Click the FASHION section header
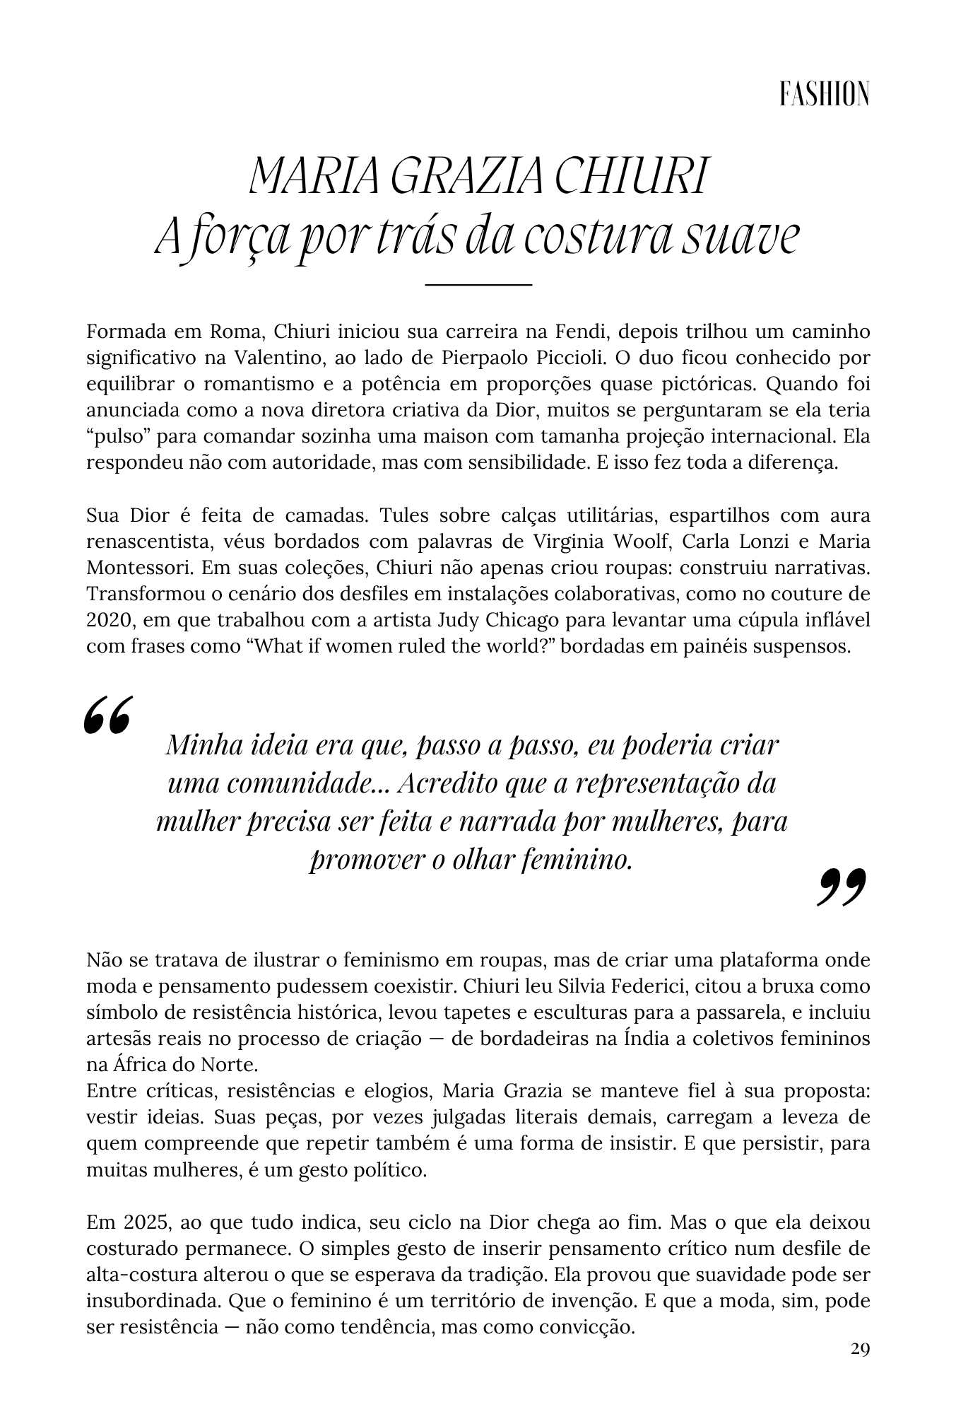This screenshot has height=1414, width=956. pos(824,95)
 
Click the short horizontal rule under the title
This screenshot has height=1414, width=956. pos(478,284)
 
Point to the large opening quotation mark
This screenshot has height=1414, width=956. pos(107,715)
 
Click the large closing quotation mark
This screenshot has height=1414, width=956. pos(841,888)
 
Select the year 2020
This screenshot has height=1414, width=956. pos(110,620)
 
